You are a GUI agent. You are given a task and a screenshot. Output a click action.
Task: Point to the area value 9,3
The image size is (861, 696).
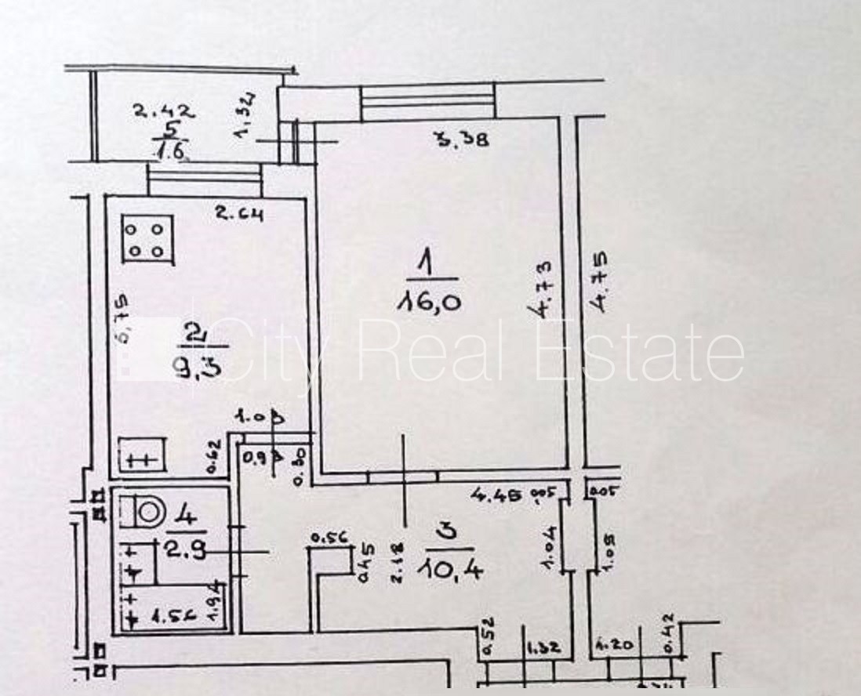point(198,367)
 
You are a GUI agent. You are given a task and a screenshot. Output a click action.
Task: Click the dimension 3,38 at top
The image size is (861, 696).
point(463,141)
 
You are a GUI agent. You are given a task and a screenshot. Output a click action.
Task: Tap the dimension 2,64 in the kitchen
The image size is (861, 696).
point(239,212)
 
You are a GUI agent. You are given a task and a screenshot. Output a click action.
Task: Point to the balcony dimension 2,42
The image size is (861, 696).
point(163,112)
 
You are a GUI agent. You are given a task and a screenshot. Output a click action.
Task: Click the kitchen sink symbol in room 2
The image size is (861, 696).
point(142,458)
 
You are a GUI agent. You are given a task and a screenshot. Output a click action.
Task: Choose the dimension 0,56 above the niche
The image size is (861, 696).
point(329,538)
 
